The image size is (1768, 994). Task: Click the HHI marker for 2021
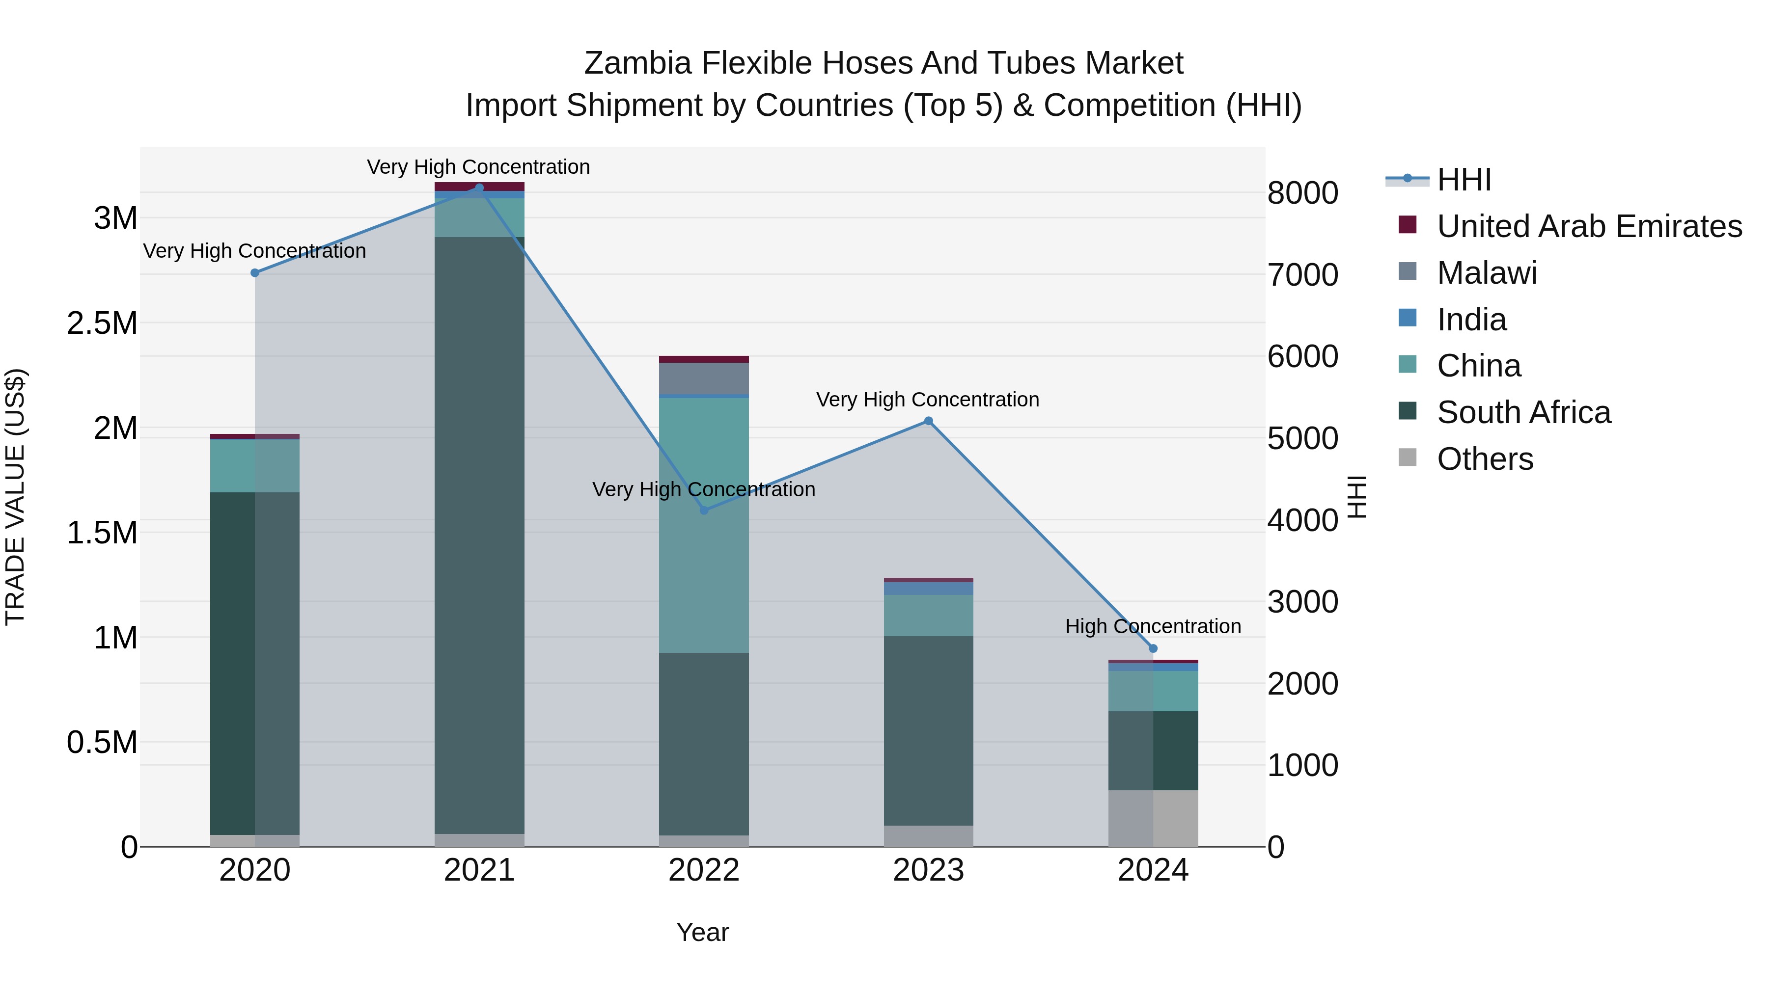(479, 188)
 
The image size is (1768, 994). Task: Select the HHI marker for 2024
(1153, 648)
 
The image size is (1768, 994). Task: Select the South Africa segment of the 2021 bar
(479, 535)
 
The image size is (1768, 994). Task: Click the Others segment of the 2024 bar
(1153, 818)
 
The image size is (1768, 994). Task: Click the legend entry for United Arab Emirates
(1589, 226)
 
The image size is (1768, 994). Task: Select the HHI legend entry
(1464, 180)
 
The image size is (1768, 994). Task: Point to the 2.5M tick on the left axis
(103, 323)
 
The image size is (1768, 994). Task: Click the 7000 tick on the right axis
(1302, 274)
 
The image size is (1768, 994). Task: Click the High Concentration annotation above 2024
(1153, 626)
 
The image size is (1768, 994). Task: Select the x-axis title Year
(702, 932)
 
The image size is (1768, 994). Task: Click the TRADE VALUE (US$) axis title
(15, 497)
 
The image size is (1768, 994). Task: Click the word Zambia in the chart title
(637, 63)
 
